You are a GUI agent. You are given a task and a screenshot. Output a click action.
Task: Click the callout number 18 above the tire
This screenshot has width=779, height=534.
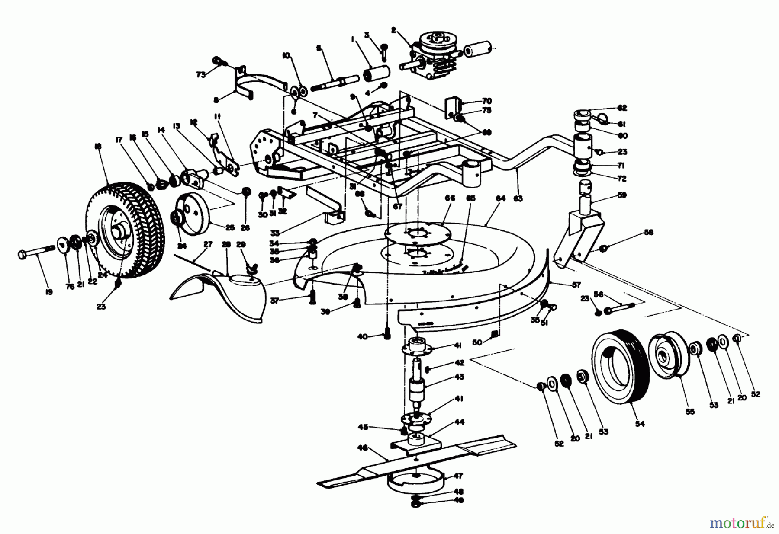tap(98, 147)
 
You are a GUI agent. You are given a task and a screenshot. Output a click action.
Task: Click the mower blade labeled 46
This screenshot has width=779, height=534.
tap(415, 460)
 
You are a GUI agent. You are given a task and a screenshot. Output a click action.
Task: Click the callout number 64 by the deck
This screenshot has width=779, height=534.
tap(500, 198)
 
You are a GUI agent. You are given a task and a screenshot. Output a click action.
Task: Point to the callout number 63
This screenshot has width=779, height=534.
tap(518, 198)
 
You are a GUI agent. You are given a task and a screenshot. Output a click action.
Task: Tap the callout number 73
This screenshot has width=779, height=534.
tap(200, 74)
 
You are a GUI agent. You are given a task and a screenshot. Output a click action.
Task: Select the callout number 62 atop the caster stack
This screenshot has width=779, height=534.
tap(622, 108)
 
